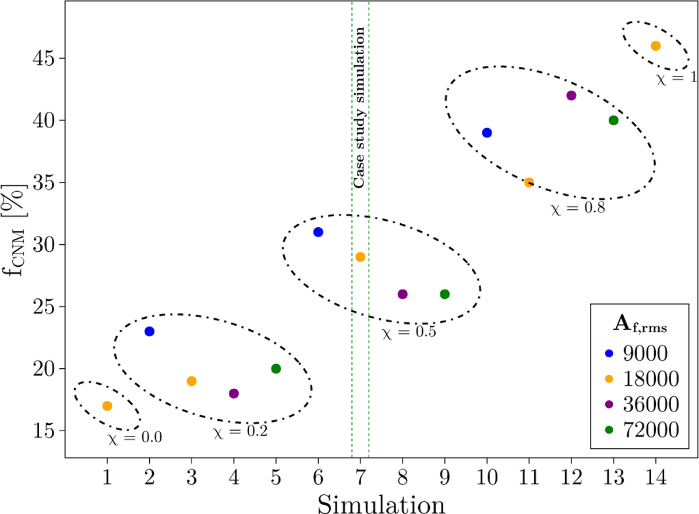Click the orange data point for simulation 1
[x=107, y=406]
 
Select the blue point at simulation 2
[x=149, y=331]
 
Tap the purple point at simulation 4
[x=234, y=393]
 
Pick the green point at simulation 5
[x=276, y=368]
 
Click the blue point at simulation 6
[x=318, y=232]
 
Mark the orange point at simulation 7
[x=360, y=257]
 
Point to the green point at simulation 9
[x=444, y=294]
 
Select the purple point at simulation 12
[x=571, y=96]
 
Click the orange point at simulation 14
[x=655, y=46]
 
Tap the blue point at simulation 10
[x=487, y=133]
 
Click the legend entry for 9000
[x=636, y=353]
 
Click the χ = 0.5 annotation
[x=409, y=333]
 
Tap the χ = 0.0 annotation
[x=135, y=437]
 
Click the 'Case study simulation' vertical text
[x=360, y=108]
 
